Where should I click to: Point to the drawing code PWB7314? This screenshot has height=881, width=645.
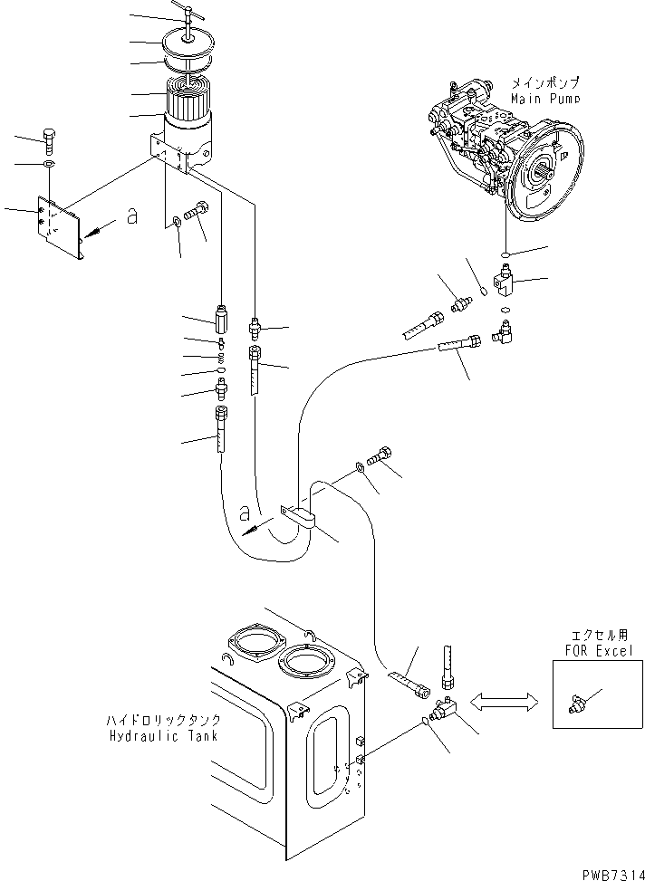point(609,870)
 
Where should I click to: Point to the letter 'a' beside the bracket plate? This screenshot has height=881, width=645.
point(132,217)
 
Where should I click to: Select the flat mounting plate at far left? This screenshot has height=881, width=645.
point(60,226)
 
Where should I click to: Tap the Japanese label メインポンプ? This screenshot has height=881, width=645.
point(544,82)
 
